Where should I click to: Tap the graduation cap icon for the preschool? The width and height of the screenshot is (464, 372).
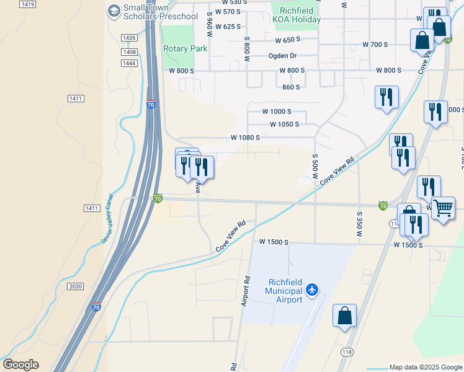(114, 11)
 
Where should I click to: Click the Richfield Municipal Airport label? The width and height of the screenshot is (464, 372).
(283, 291)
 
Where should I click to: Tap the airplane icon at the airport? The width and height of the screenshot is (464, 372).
(312, 290)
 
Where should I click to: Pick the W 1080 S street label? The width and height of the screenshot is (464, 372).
(245, 137)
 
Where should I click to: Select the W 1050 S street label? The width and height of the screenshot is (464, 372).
(284, 124)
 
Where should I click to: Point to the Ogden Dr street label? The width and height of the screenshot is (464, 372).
(284, 55)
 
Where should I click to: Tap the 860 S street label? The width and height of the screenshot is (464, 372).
(291, 87)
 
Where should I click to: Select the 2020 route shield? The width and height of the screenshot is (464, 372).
(75, 286)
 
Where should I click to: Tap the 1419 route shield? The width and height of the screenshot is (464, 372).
(27, 4)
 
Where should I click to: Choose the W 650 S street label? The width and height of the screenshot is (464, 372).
(288, 39)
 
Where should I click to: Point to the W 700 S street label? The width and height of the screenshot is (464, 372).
(375, 45)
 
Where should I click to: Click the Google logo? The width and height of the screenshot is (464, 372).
(20, 365)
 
